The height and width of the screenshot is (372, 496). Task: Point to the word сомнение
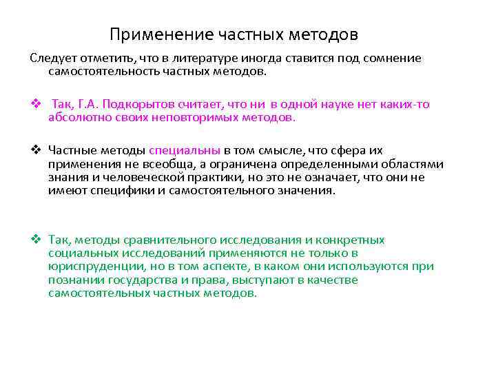389,59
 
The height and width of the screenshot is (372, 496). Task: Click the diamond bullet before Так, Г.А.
34,105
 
